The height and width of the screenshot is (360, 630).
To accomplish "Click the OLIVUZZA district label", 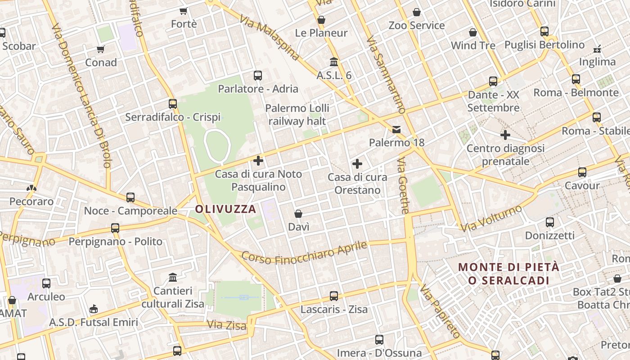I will (225, 209).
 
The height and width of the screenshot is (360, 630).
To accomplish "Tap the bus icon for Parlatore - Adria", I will (258, 76).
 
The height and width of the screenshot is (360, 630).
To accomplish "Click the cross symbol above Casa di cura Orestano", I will (357, 164).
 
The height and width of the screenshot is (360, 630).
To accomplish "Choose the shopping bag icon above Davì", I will (298, 214).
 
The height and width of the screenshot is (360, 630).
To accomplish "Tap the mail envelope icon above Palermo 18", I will (396, 130).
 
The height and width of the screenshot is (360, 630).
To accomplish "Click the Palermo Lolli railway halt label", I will (297, 114).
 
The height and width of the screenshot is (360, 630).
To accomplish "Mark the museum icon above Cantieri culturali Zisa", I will (173, 277).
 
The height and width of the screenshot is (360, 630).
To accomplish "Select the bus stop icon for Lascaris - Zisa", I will (334, 296).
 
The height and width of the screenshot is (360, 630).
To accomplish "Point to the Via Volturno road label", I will (491, 218).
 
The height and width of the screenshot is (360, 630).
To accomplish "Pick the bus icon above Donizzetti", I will (549, 222).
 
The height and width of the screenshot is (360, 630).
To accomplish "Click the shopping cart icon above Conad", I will (101, 49).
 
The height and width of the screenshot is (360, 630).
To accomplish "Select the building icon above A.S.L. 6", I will (334, 62).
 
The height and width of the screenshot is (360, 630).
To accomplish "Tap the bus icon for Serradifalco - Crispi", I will (173, 104).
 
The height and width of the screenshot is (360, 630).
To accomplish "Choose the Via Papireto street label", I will (441, 311).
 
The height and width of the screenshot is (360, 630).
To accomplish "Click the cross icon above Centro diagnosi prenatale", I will (505, 135).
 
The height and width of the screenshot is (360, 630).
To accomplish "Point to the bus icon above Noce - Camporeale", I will (130, 197).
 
